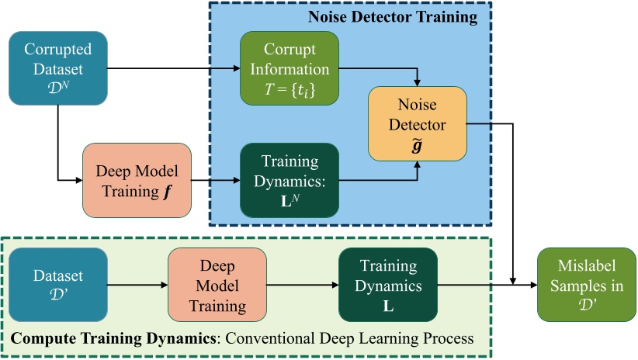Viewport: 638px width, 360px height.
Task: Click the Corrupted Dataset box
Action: [58, 68]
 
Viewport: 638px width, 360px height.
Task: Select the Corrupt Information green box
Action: [290, 68]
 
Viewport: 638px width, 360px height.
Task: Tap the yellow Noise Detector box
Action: [417, 124]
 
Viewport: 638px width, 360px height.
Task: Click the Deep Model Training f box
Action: [136, 180]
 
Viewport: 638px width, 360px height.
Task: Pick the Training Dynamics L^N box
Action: [290, 180]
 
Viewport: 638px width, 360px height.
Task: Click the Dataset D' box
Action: [58, 285]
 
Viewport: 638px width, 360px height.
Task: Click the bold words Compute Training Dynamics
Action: [82, 339]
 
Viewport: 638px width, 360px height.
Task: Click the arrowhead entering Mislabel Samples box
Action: [533, 285]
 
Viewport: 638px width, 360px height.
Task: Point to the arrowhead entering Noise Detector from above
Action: [418, 81]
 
